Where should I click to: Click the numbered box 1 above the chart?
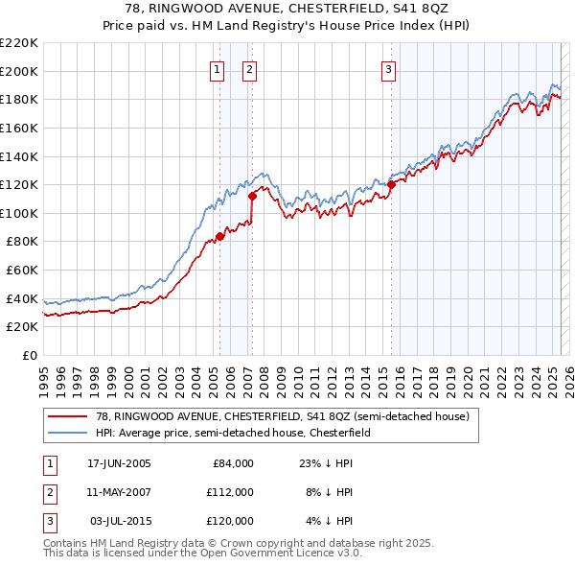point(217,69)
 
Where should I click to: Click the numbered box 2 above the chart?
point(249,69)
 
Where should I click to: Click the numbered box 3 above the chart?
point(389,69)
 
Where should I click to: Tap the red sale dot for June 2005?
point(219,235)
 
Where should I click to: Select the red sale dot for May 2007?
point(252,196)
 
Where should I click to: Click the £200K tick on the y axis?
point(19,71)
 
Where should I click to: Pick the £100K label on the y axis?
point(19,213)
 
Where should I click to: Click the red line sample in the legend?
point(67,417)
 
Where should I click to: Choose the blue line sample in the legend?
point(67,433)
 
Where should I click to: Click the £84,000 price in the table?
point(233,463)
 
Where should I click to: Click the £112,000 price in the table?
point(230,492)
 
